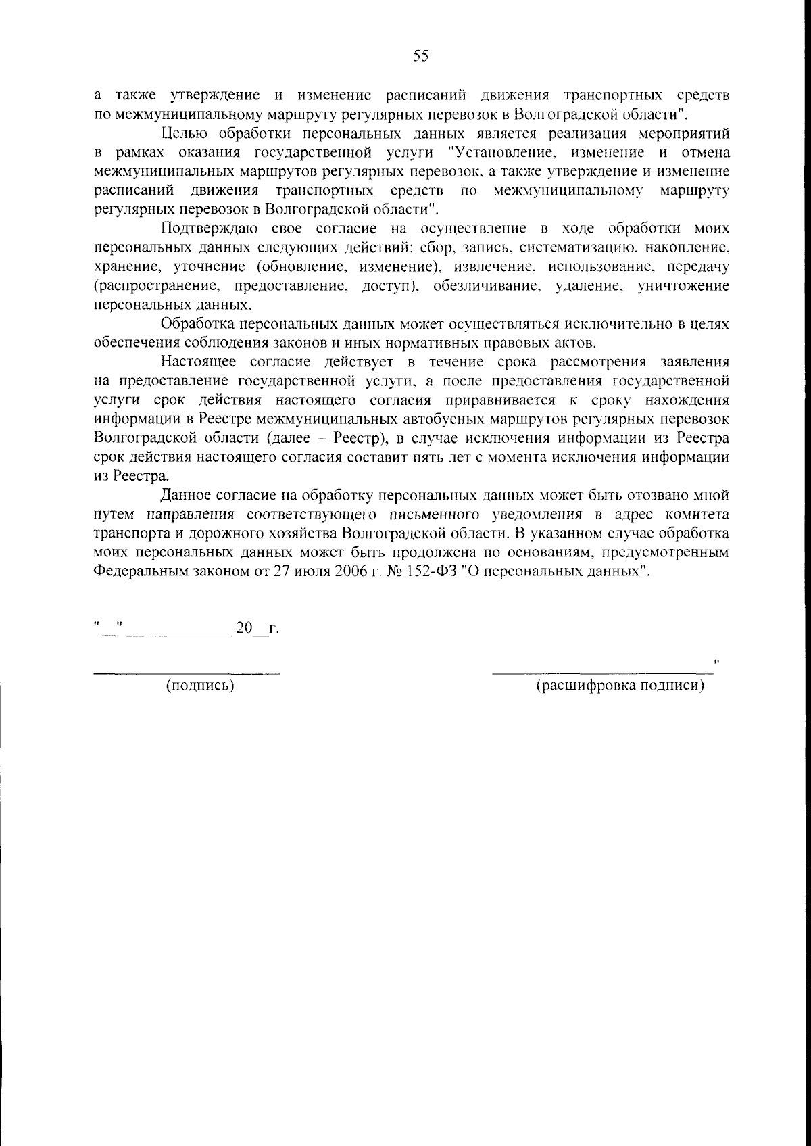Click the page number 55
420,57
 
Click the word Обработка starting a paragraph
199,325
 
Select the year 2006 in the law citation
349,571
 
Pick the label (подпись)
200,686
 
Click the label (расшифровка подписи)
620,686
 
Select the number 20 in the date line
243,629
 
